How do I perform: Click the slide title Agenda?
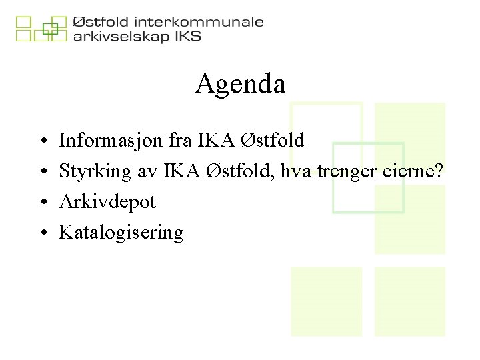240,84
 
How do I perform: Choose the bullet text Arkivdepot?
107,202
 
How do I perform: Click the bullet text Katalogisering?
121,233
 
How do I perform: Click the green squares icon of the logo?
41,29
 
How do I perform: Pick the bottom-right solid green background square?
409,301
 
